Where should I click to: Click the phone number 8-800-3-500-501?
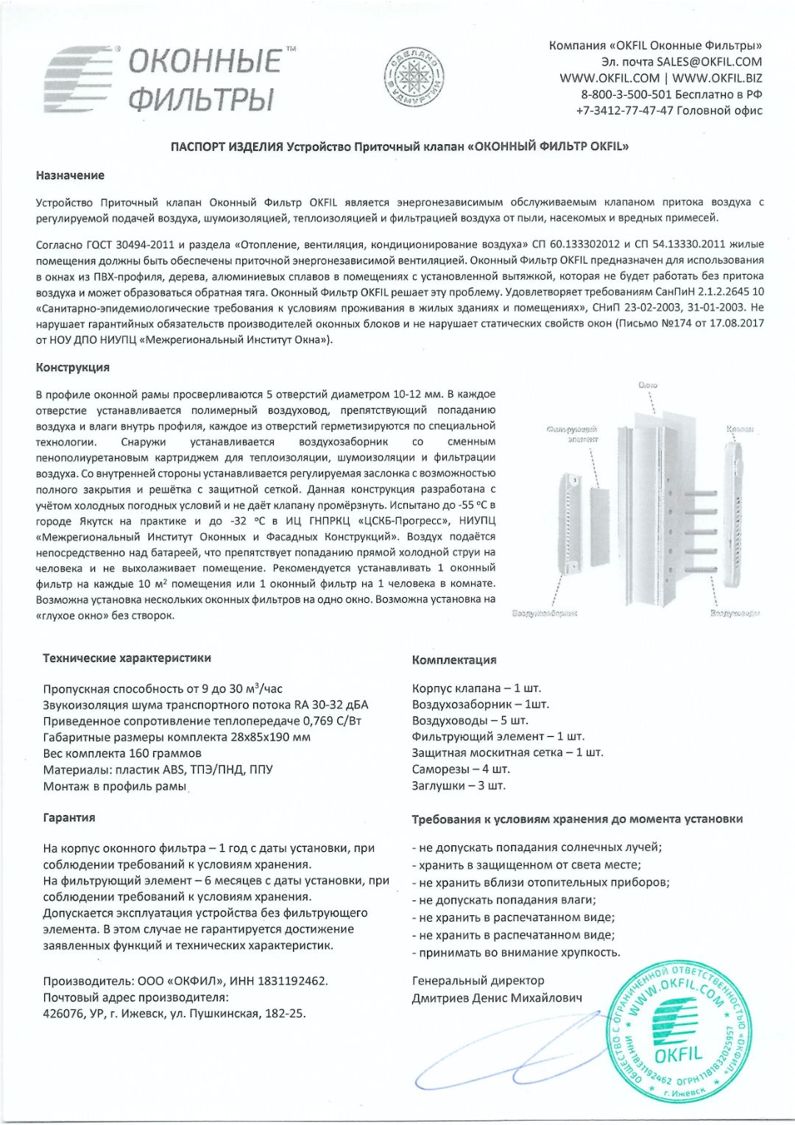626,94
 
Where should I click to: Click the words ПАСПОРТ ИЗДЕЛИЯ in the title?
227,147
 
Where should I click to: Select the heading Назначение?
70,175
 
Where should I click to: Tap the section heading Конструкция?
72,367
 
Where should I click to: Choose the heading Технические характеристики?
127,658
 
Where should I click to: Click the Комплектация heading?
454,660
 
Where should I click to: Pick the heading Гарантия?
68,817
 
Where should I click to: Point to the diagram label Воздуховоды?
734,613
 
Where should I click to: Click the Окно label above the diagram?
648,385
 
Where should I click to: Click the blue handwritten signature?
501,1060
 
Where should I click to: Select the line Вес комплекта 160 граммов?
122,753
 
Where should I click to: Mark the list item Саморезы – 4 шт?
461,769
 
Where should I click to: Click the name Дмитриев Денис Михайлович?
497,998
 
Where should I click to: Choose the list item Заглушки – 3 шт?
459,786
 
